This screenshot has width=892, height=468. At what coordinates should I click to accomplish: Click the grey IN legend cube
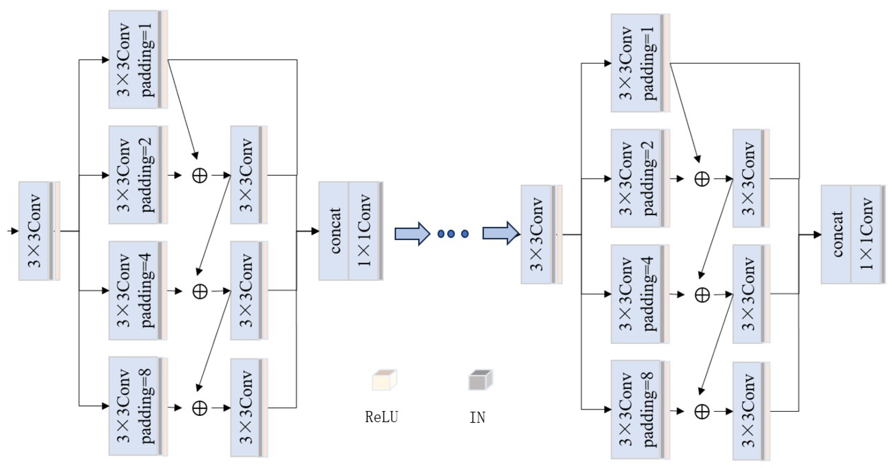tap(480, 380)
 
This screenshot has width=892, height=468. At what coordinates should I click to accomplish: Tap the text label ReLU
tap(381, 417)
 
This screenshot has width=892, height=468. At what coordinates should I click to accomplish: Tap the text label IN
tap(477, 418)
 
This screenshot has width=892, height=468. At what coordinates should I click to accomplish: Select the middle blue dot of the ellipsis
tap(451, 234)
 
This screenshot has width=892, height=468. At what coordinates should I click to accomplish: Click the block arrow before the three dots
tap(412, 234)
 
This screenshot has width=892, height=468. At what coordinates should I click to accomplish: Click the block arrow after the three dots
tap(500, 234)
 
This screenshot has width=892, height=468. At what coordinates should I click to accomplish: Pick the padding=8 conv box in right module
tap(639, 409)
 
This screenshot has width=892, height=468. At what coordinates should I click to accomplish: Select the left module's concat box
tap(334, 231)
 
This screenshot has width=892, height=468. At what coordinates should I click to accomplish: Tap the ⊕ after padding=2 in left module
tap(200, 175)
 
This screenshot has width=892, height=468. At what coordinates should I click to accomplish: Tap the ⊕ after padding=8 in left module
tap(200, 408)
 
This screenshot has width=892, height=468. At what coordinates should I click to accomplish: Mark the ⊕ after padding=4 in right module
tap(702, 295)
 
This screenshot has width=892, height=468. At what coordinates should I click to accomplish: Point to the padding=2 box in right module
tap(639, 178)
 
